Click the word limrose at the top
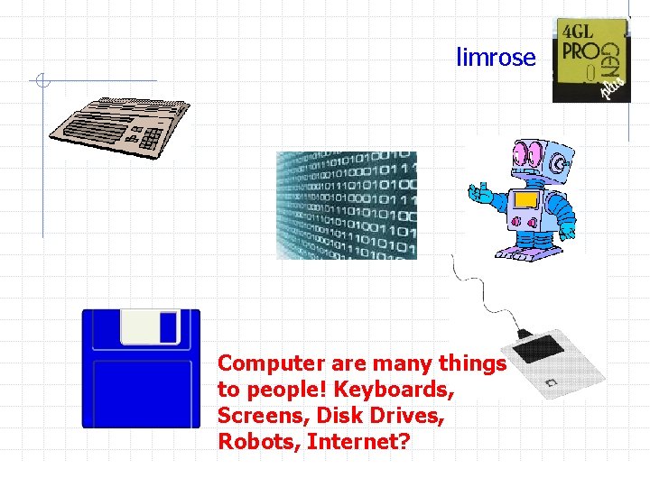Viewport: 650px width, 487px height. click(496, 58)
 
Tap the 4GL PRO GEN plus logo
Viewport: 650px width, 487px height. click(590, 60)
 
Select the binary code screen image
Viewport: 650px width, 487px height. click(347, 205)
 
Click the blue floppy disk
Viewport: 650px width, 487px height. click(141, 368)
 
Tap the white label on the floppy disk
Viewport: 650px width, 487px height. click(150, 327)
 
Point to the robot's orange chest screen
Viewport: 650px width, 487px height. click(525, 200)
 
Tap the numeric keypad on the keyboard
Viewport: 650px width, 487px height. click(151, 137)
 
